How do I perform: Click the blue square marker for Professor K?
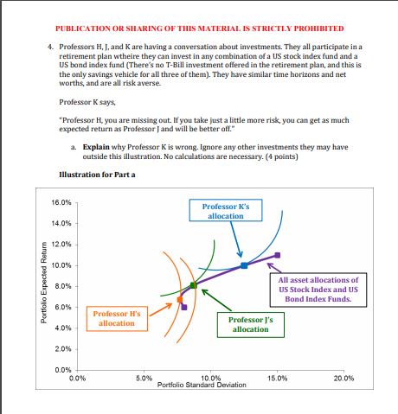click(x=244, y=265)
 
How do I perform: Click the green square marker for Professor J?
click(x=194, y=284)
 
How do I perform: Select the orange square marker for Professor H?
click(x=180, y=300)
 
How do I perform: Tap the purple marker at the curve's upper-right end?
click(x=277, y=255)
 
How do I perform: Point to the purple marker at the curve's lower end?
click(x=184, y=308)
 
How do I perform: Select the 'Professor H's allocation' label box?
click(x=116, y=318)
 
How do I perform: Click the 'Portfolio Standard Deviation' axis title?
click(x=210, y=384)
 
